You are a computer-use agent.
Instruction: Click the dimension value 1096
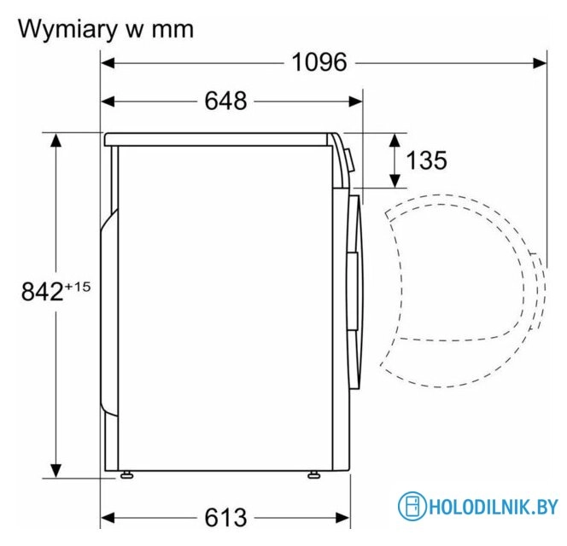point(319,62)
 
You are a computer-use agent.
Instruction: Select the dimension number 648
point(225,102)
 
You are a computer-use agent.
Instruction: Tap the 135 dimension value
point(425,160)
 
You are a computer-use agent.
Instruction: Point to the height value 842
point(42,292)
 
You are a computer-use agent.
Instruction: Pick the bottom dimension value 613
point(225,517)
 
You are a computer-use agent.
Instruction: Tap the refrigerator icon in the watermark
point(412,505)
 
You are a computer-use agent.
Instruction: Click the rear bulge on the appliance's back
point(107,316)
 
